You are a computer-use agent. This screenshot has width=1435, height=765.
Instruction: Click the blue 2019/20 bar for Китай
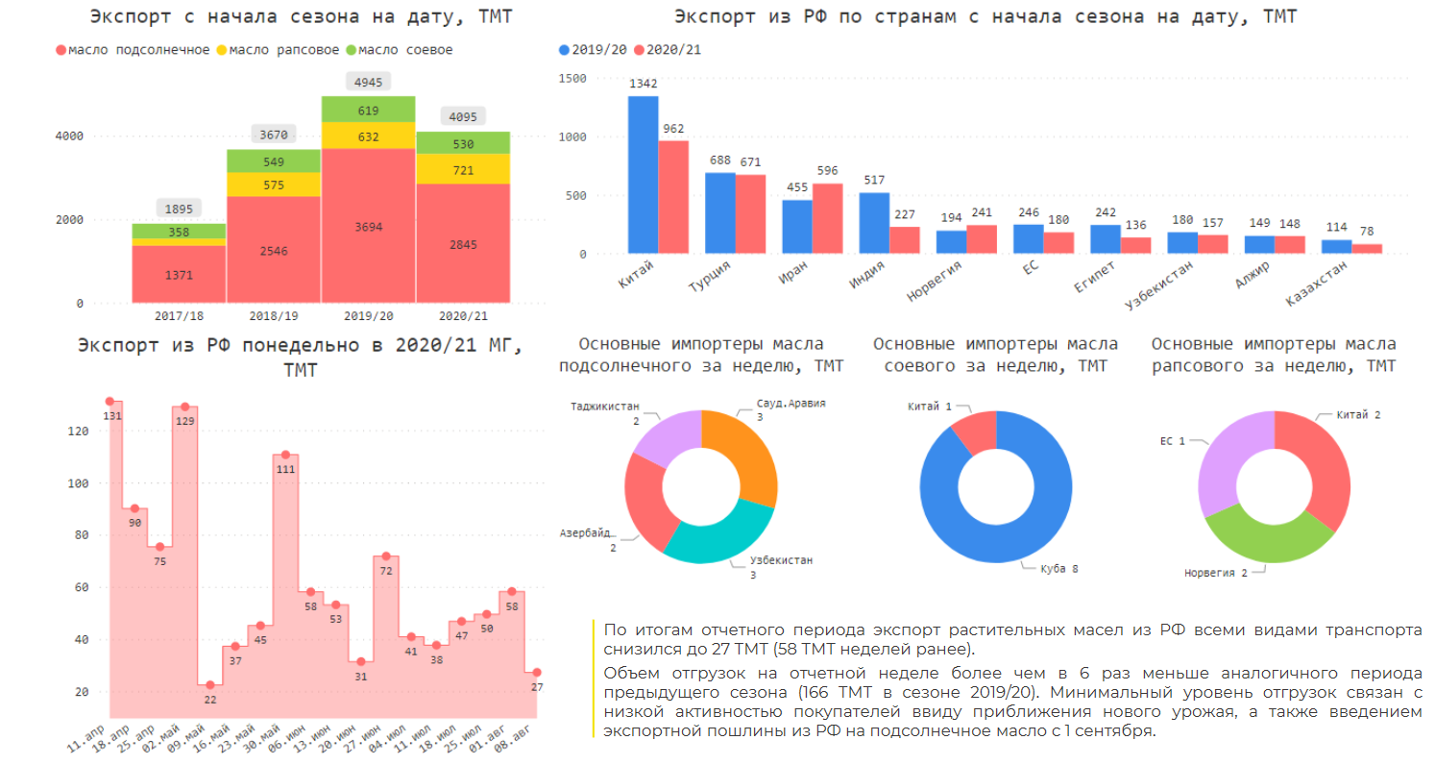click(643, 175)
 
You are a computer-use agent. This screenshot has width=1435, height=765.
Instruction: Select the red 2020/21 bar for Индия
click(904, 240)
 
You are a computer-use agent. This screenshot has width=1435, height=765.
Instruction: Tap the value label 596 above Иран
click(827, 171)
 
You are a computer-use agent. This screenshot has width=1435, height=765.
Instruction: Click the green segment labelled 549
click(274, 160)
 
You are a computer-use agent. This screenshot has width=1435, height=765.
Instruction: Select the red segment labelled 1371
click(179, 275)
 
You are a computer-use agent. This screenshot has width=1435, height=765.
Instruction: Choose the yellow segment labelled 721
click(462, 169)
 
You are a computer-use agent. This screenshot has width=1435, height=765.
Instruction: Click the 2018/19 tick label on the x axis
click(274, 315)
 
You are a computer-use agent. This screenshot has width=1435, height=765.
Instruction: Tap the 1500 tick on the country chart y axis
click(572, 79)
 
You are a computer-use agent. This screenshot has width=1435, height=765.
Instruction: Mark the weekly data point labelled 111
click(285, 455)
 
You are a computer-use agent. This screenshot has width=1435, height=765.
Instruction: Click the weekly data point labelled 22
click(210, 685)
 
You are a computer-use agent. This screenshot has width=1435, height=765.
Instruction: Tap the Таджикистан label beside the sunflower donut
click(604, 407)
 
